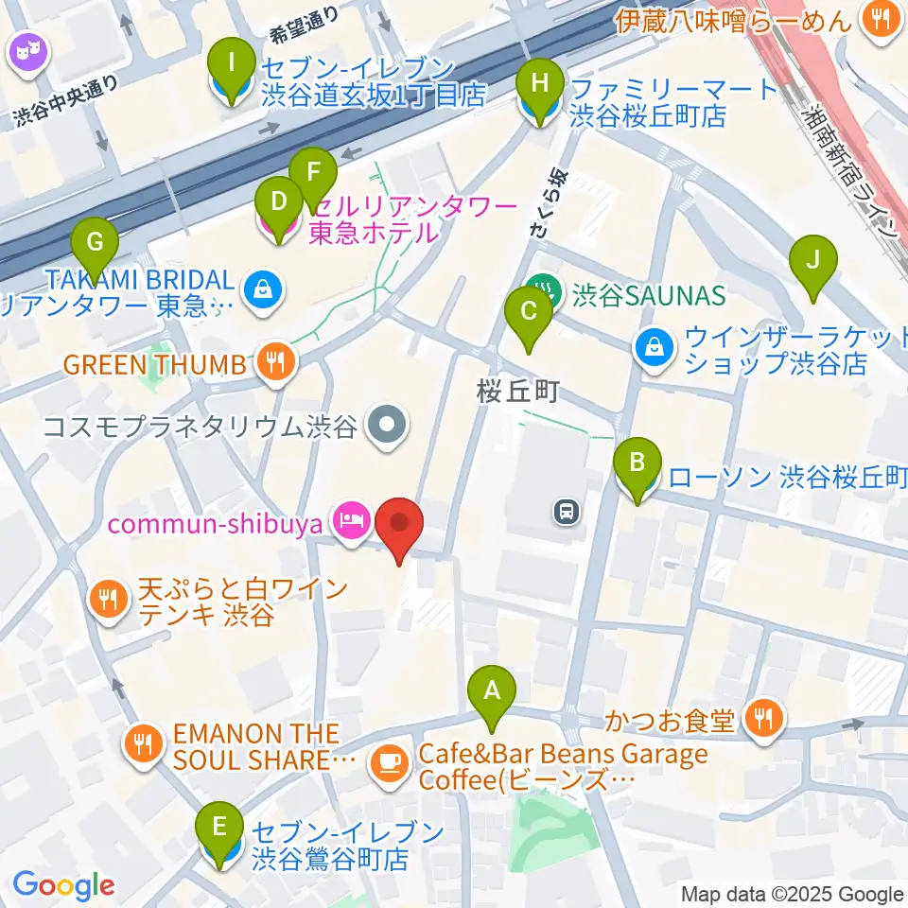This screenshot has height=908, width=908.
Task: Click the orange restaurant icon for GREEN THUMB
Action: pos(275,364)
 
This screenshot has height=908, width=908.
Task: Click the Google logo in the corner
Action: pos(64,886)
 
